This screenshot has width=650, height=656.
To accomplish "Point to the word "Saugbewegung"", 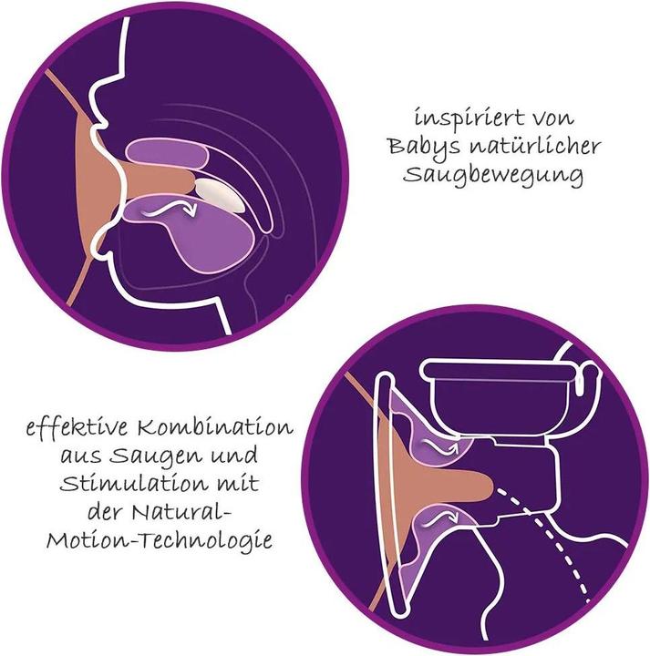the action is (x=493, y=176).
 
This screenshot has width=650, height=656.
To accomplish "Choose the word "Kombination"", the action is (x=215, y=427).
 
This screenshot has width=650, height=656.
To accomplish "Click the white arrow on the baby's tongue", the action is (x=169, y=210).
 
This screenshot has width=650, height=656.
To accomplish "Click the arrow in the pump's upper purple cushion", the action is (x=441, y=446).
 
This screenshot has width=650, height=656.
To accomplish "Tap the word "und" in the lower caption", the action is (x=233, y=456).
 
